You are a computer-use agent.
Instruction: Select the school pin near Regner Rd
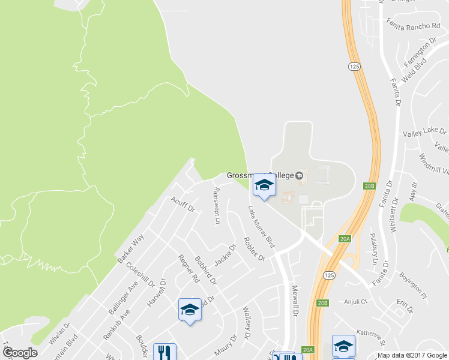point(190,310)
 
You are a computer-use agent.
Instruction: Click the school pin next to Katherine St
point(343,346)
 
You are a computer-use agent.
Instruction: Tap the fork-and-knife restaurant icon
point(164,352)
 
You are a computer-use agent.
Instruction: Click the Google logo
point(19,353)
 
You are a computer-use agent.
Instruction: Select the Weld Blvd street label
point(415,69)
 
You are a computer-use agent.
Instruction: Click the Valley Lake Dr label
point(424,132)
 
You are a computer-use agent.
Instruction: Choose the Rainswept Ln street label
point(217,206)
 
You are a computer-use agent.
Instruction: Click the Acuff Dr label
point(183,204)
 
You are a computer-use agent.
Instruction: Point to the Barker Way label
point(131,248)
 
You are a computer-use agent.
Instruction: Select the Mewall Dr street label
point(295,300)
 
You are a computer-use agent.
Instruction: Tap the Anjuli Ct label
point(358,302)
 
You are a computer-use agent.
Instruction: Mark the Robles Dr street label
point(254,249)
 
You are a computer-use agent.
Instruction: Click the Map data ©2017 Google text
point(411,355)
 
